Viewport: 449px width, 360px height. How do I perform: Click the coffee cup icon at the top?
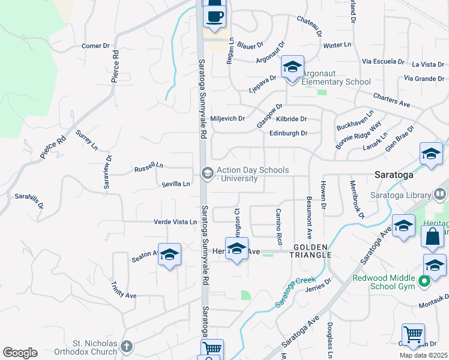tap(215, 16)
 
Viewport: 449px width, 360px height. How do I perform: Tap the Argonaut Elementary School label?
tap(336, 82)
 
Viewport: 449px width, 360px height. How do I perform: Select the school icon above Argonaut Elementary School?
tap(292, 67)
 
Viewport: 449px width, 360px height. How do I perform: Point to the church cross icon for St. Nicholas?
tap(126, 346)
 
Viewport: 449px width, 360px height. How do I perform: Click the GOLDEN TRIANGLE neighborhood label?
tap(312, 251)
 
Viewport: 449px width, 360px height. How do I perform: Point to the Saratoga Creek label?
tap(295, 292)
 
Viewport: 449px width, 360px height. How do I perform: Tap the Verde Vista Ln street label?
tap(175, 222)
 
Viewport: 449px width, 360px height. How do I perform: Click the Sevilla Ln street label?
tap(175, 184)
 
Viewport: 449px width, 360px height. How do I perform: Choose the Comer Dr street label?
tap(96, 46)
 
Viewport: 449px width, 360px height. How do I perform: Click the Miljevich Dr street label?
tap(228, 119)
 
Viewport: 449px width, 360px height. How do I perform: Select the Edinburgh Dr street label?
tap(288, 133)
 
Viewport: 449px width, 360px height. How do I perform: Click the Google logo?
tap(20, 353)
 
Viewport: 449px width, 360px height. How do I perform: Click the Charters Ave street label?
tap(391, 100)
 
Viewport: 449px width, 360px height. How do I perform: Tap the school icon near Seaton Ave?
tap(169, 255)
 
